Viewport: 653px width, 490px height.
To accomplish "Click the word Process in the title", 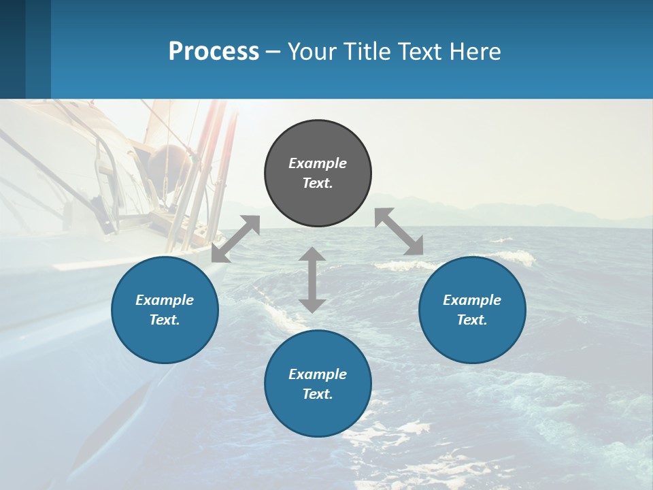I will (214, 52).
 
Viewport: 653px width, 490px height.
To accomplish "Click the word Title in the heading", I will (365, 52).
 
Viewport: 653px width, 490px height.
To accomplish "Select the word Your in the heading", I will (313, 52).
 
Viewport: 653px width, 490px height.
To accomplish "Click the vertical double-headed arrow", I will (312, 280).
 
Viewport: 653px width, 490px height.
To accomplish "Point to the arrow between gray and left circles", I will (235, 238).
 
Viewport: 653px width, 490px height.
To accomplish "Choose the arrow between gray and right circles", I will (399, 231).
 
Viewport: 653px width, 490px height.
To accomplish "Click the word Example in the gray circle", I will (318, 163).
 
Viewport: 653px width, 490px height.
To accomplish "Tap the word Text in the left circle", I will (165, 320).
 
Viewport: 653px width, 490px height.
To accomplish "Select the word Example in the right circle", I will (472, 300).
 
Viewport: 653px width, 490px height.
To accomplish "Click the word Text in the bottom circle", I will (318, 394).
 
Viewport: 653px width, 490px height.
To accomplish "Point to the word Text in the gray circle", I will (318, 183).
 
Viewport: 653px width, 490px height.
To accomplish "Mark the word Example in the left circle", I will (165, 300).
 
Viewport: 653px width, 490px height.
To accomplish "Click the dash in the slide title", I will (273, 52).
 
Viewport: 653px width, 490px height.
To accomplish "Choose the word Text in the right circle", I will (472, 320).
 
